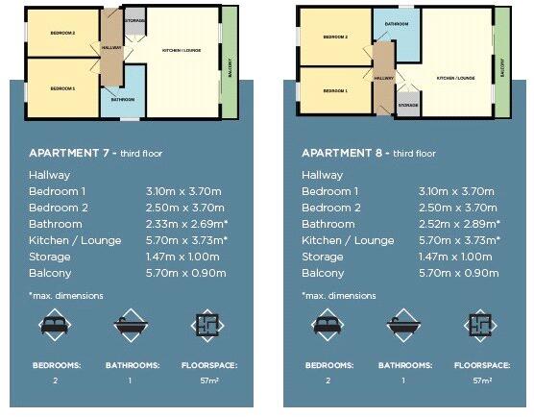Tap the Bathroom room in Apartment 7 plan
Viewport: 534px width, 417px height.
coord(122,101)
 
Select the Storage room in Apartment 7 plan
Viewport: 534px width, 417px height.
coord(135,19)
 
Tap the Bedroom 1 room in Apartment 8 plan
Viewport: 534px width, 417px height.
coord(334,90)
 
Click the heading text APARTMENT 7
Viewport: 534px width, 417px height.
coord(73,153)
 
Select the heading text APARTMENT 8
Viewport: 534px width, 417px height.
coord(346,153)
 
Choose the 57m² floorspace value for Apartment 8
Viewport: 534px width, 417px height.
coord(481,381)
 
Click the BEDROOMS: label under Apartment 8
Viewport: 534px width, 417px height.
coord(329,365)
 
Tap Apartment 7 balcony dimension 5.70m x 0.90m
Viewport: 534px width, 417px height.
coord(186,273)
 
